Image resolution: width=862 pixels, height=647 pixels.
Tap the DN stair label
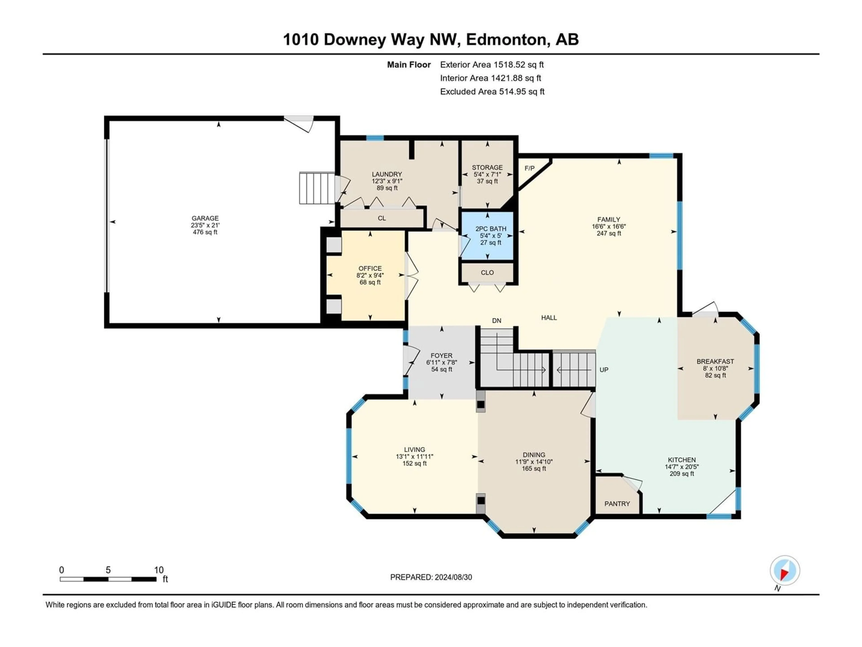pyautogui.click(x=497, y=321)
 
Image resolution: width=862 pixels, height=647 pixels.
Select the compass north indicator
pyautogui.click(x=785, y=571)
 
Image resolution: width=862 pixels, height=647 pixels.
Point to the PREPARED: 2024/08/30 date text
pyautogui.click(x=431, y=577)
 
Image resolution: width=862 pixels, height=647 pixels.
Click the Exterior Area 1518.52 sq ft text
pyautogui.click(x=492, y=65)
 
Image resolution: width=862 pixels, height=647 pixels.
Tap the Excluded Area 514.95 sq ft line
pyautogui.click(x=492, y=92)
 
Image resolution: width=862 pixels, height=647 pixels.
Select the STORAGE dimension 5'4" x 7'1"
pyautogui.click(x=487, y=174)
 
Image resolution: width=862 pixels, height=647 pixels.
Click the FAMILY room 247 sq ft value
pyautogui.click(x=609, y=233)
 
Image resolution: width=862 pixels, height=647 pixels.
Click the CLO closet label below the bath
pyautogui.click(x=487, y=273)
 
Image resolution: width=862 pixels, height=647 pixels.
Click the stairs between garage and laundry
pyautogui.click(x=317, y=188)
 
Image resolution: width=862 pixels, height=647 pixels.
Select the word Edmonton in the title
pyautogui.click(x=506, y=39)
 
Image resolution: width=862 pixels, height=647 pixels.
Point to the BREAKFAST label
pyautogui.click(x=715, y=361)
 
